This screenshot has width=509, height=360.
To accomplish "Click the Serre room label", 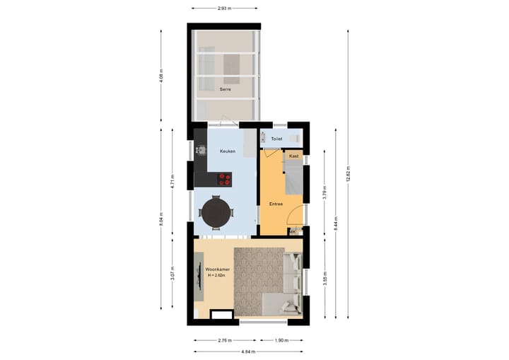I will point(226,89).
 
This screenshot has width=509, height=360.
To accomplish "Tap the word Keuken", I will point(227,151).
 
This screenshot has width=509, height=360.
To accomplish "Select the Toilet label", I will point(276,139).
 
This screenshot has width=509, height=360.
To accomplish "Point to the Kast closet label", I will point(294,156).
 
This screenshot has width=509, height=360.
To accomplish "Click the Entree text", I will point(276,204).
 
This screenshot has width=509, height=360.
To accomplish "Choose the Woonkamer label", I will point(216,269).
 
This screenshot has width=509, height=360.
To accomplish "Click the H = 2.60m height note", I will point(216,276).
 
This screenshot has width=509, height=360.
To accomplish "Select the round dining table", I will point(216,211).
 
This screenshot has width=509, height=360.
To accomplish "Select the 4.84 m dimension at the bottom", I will point(248,352).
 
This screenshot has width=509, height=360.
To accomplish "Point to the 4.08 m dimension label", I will point(161,75).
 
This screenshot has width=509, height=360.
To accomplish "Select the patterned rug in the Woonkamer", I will point(259,279).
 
